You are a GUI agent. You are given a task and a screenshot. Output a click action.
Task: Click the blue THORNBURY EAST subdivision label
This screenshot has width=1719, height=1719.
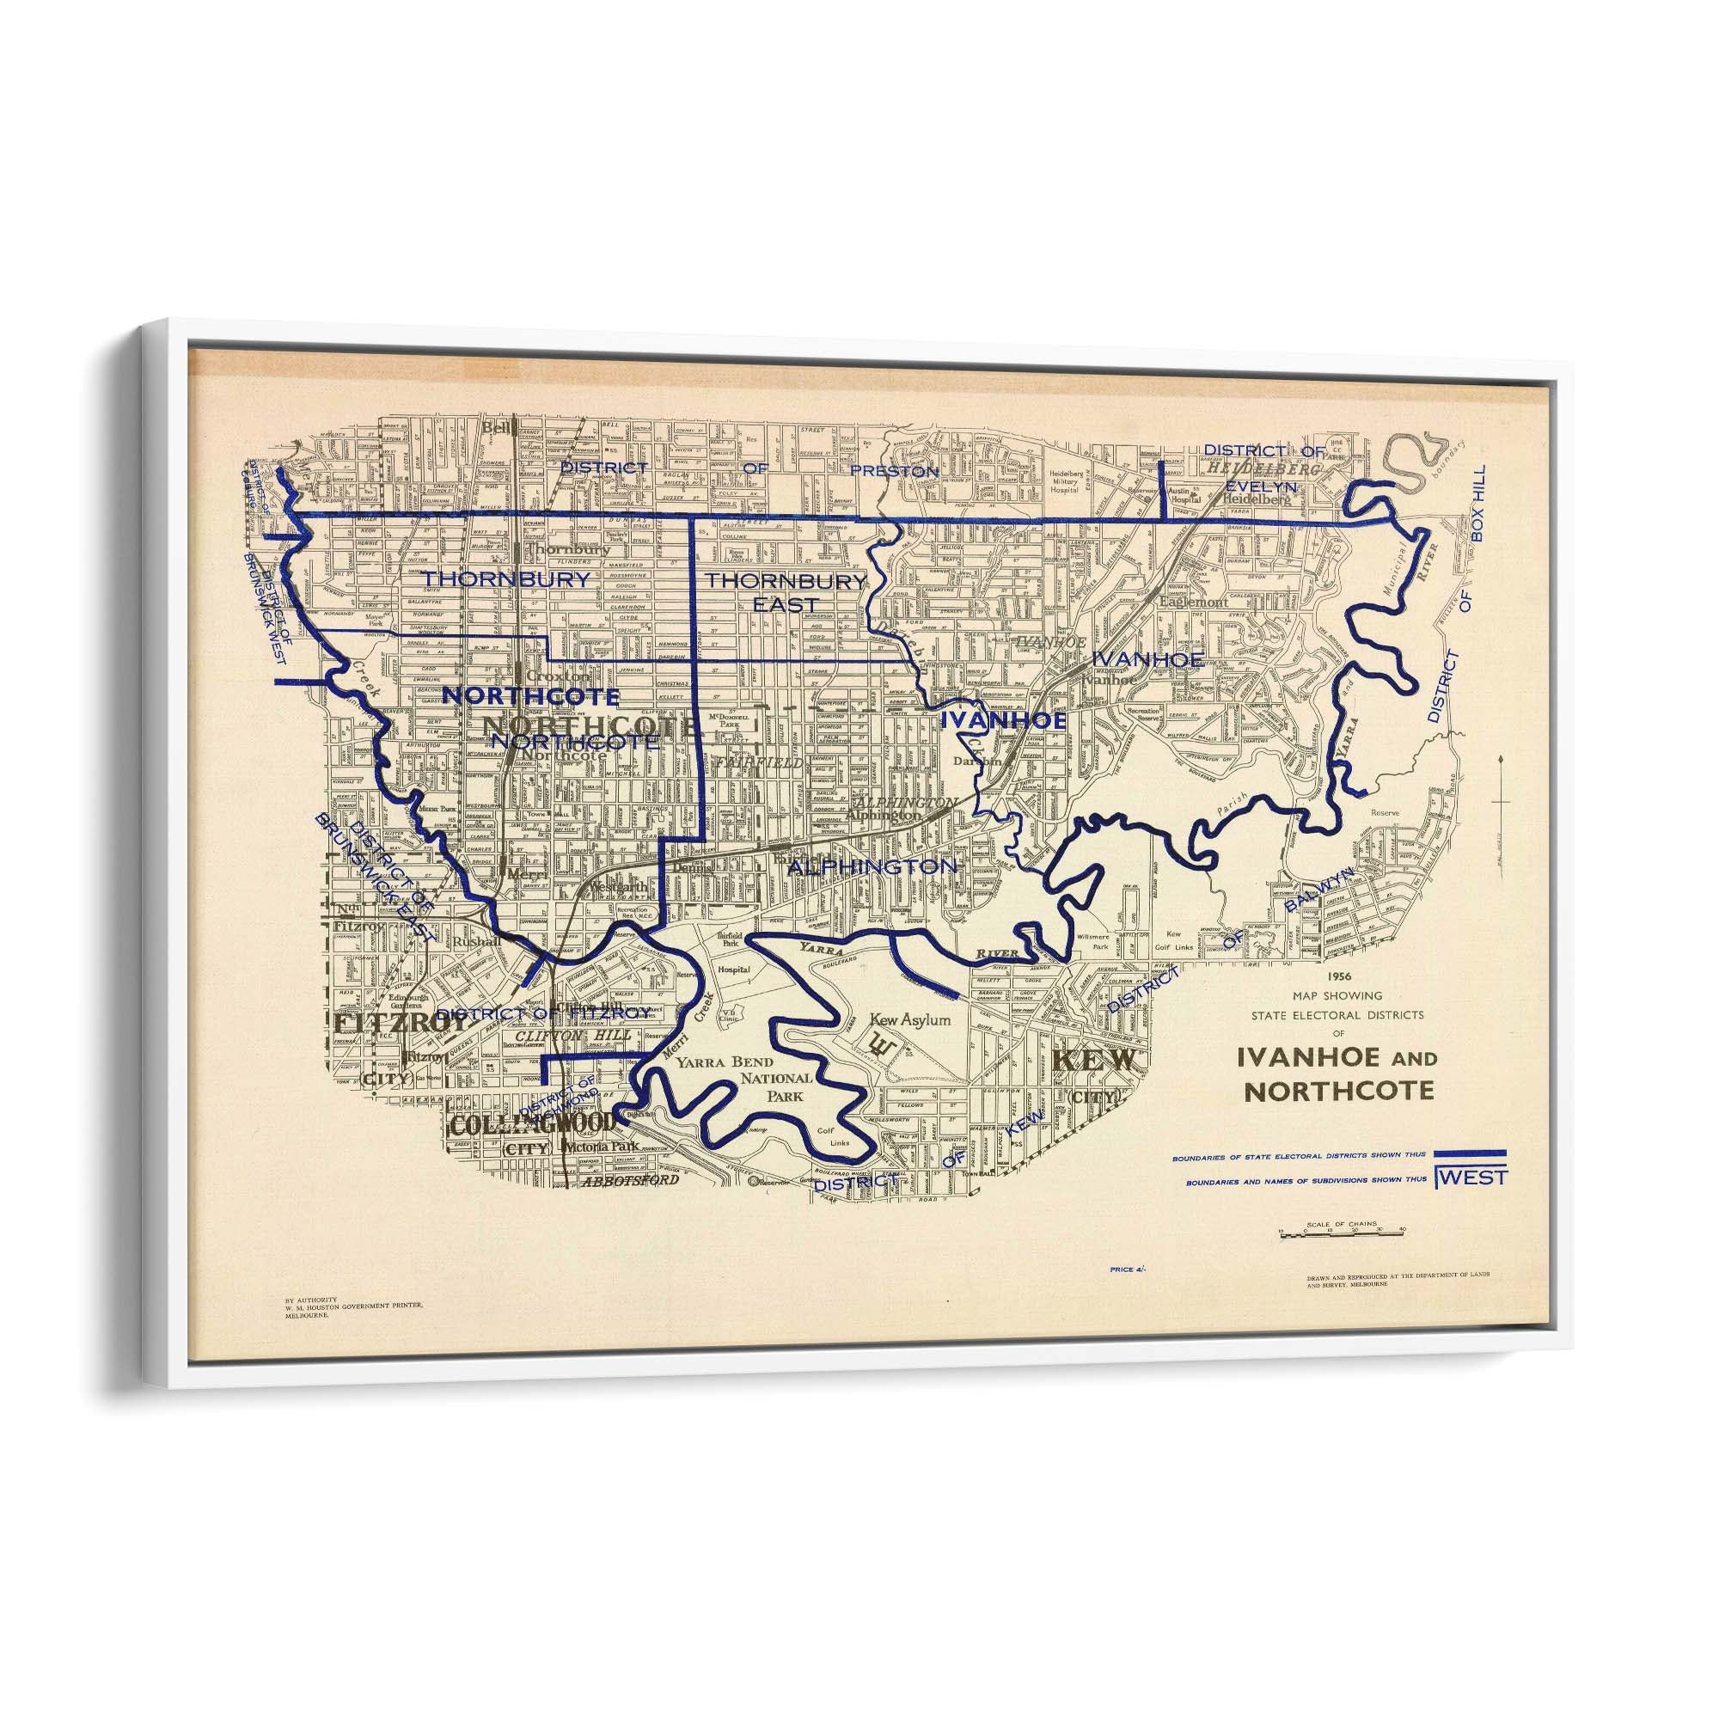click(786, 591)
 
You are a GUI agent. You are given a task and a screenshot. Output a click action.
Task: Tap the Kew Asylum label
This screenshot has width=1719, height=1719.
click(910, 1020)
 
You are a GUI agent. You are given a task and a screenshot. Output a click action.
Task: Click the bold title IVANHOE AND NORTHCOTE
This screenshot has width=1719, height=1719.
click(1336, 1074)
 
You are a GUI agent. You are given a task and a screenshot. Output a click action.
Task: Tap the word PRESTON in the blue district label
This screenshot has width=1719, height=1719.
click(894, 471)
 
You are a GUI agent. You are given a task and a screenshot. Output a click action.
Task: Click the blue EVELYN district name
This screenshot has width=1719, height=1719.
click(1261, 486)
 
